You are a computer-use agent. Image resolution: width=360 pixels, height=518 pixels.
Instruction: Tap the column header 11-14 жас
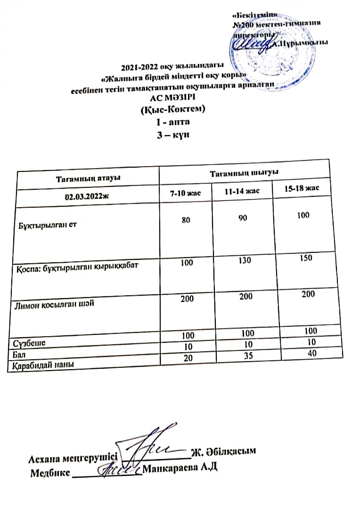[x=242, y=191]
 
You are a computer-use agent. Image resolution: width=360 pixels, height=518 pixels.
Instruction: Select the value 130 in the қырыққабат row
[x=244, y=260]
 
